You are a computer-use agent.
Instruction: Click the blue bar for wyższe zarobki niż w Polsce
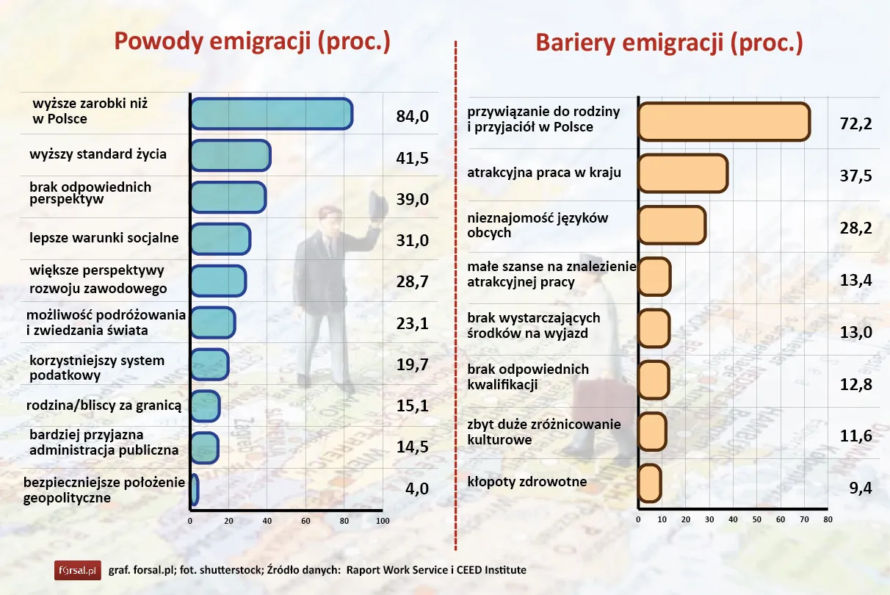271,114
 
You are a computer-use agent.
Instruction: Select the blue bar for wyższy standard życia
230,156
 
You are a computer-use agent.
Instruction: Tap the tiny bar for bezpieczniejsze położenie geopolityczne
194,490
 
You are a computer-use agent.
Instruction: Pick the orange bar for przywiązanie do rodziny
723,121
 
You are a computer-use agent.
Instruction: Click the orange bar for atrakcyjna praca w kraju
682,173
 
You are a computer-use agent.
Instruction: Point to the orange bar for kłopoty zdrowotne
649,483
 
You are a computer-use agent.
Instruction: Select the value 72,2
855,123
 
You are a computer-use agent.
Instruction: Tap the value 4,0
416,488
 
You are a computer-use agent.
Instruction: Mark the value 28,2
855,228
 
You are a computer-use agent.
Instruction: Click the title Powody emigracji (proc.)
251,42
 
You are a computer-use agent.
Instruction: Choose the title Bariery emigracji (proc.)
669,43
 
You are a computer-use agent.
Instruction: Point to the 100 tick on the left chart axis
382,521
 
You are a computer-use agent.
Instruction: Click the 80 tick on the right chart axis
828,519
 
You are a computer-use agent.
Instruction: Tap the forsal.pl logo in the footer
76,570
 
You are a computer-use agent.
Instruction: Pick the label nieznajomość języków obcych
538,226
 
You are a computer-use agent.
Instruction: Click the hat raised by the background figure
377,206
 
